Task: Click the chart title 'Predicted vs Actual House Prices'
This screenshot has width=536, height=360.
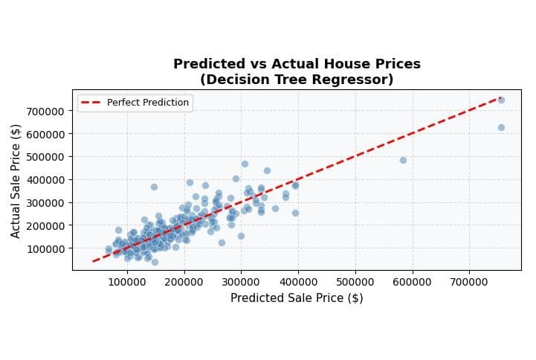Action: pyautogui.click(x=297, y=64)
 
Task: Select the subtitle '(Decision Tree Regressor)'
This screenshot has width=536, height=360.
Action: pyautogui.click(x=297, y=80)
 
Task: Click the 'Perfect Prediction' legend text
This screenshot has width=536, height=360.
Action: pyautogui.click(x=147, y=103)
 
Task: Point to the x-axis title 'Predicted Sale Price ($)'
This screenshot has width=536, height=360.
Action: pyautogui.click(x=297, y=298)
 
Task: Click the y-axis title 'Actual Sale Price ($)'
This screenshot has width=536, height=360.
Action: pyautogui.click(x=16, y=181)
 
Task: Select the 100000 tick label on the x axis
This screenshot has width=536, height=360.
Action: pyautogui.click(x=127, y=282)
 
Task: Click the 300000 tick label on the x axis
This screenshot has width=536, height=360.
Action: pyautogui.click(x=241, y=282)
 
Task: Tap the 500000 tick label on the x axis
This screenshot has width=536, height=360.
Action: pyautogui.click(x=355, y=282)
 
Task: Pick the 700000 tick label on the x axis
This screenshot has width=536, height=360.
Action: pyautogui.click(x=469, y=282)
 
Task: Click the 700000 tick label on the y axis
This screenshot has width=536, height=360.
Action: pyautogui.click(x=47, y=111)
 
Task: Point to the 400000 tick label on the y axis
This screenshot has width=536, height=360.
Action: pyautogui.click(x=47, y=180)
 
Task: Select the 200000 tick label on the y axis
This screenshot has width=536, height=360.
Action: pyautogui.click(x=47, y=225)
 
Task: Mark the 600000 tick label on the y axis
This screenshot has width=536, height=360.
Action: pyautogui.click(x=47, y=134)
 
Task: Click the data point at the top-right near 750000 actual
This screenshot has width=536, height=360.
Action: pyautogui.click(x=501, y=100)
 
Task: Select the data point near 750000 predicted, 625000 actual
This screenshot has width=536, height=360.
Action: pyautogui.click(x=501, y=127)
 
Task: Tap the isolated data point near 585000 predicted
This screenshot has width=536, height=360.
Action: pyautogui.click(x=403, y=160)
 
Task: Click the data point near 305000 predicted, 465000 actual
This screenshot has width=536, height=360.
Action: pyautogui.click(x=245, y=164)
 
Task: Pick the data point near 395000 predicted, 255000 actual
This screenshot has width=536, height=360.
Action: pyautogui.click(x=295, y=213)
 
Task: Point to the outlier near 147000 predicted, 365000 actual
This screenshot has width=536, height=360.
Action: pyautogui.click(x=154, y=187)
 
